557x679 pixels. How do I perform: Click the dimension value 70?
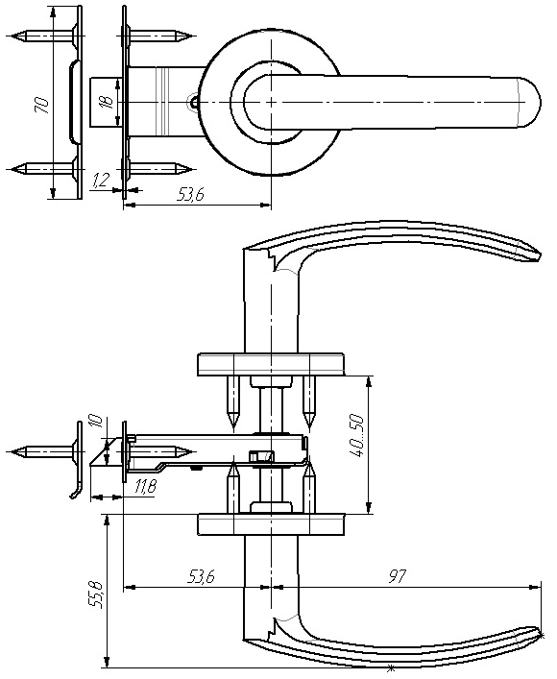[42, 106]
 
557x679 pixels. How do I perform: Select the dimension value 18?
[108, 102]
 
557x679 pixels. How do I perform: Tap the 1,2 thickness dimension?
[101, 180]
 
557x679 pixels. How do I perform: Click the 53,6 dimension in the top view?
[190, 195]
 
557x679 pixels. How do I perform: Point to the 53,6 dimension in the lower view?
[202, 576]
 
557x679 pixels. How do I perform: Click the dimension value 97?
[398, 576]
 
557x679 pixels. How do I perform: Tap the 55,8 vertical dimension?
[97, 594]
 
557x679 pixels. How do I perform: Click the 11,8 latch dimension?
[146, 487]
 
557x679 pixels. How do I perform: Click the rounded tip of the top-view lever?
[540, 102]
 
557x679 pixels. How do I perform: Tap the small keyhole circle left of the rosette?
[193, 102]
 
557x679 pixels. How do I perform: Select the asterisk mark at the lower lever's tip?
[542, 635]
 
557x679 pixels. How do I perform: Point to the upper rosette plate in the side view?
[271, 365]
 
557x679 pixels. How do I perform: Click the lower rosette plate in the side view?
[271, 524]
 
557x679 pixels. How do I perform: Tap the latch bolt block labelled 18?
[105, 102]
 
